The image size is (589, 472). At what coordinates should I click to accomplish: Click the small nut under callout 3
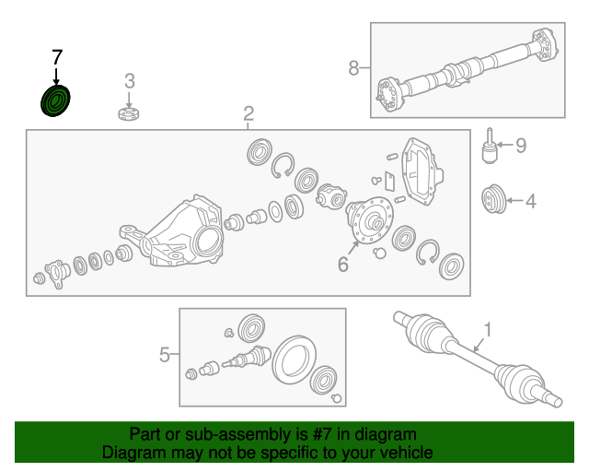[x=130, y=112]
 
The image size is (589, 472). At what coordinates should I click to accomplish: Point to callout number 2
[x=248, y=113]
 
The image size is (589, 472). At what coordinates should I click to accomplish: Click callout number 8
[x=354, y=67]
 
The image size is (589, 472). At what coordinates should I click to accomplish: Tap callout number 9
[x=520, y=145]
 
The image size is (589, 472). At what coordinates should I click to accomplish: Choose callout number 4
[x=530, y=199]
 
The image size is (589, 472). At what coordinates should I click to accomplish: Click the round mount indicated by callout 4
[x=494, y=198]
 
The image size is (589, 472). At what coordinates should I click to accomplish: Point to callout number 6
[x=342, y=265]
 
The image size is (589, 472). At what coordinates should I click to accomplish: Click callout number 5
[x=165, y=353]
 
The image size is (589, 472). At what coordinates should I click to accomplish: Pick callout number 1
[x=488, y=329]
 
